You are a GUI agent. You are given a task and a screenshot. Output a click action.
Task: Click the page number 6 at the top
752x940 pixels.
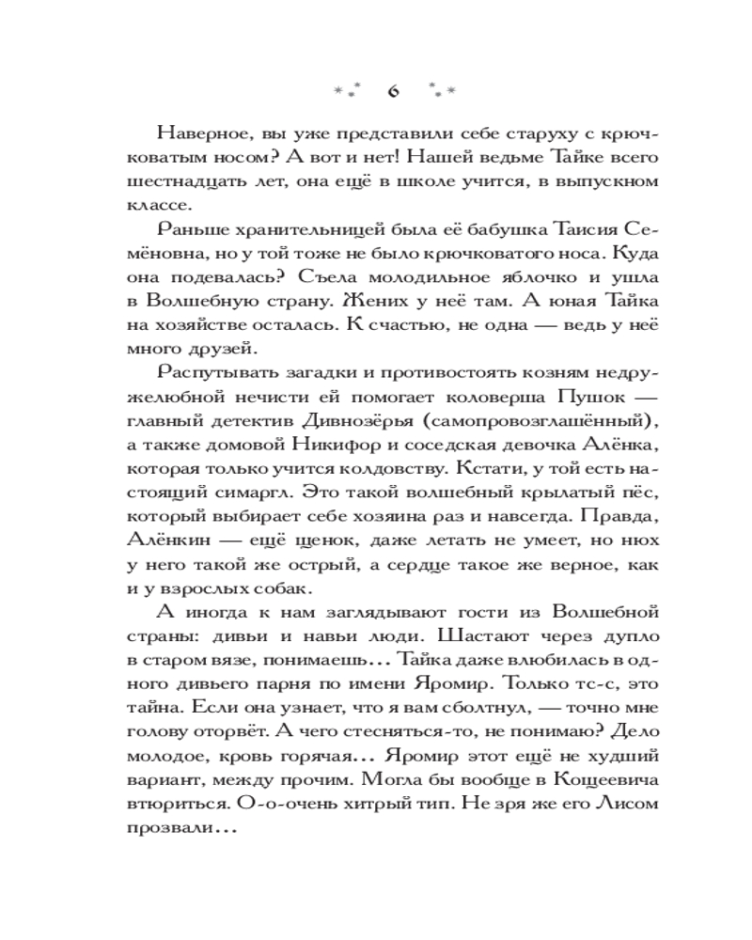point(393,91)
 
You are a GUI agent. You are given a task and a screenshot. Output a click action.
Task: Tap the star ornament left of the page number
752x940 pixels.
point(349,92)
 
